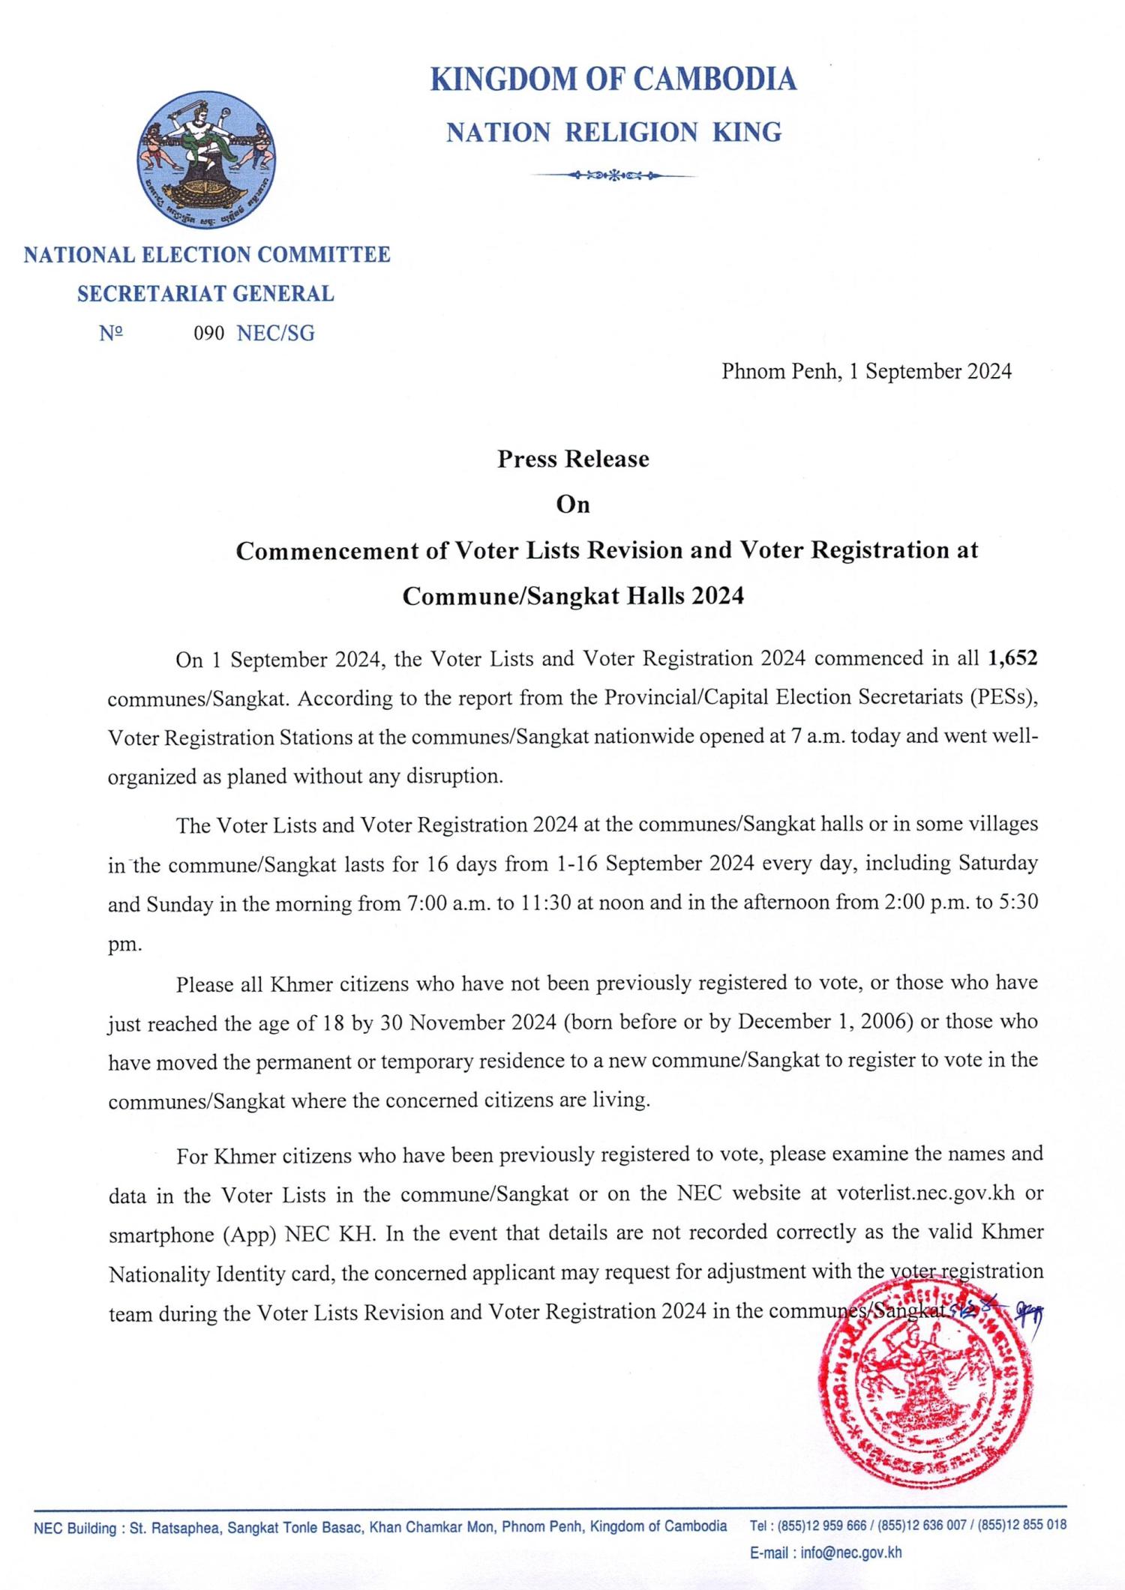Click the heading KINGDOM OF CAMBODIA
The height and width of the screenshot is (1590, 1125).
pos(613,79)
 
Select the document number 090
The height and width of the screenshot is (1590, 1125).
pos(208,334)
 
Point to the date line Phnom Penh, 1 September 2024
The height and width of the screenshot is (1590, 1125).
pos(866,372)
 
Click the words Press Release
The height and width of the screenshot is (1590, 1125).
pos(573,459)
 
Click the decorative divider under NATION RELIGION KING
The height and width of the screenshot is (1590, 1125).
pos(613,176)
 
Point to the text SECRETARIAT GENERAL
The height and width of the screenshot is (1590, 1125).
pos(205,294)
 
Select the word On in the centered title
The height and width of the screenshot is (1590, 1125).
pos(573,505)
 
